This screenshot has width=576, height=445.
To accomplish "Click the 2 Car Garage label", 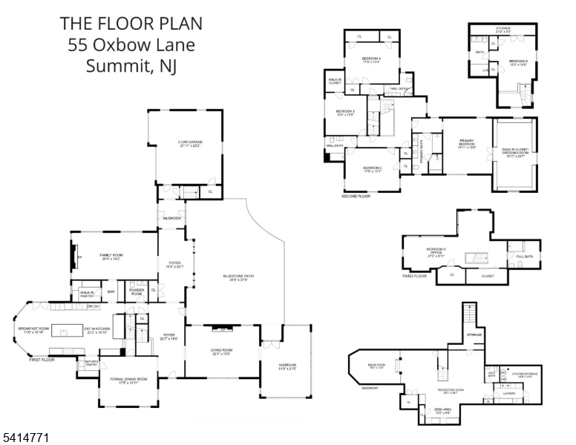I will [x=190, y=142].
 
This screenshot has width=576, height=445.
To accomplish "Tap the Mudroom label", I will [x=172, y=218].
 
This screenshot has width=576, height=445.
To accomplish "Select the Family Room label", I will [x=111, y=255].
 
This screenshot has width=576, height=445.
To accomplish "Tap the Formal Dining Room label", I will [x=129, y=379].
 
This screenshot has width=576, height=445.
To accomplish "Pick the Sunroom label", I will [x=287, y=365].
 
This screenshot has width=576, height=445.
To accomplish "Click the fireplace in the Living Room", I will [x=222, y=327].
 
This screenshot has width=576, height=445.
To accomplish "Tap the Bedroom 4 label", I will [x=371, y=59].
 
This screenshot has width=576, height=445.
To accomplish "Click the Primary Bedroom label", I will [x=466, y=142].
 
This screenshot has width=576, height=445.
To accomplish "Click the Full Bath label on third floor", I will [x=524, y=257].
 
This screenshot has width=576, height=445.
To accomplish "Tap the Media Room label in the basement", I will [x=376, y=365].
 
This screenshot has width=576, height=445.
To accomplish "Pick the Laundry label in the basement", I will [x=509, y=393].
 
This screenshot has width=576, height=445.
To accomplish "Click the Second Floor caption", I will [x=356, y=197].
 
